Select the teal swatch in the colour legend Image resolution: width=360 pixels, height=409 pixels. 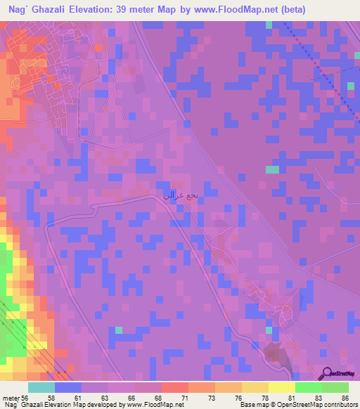click(41, 387)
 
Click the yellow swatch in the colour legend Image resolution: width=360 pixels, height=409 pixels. click(282, 387)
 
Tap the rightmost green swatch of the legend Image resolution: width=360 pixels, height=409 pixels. click(335, 387)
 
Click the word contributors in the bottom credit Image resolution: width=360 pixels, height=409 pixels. click(337, 405)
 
